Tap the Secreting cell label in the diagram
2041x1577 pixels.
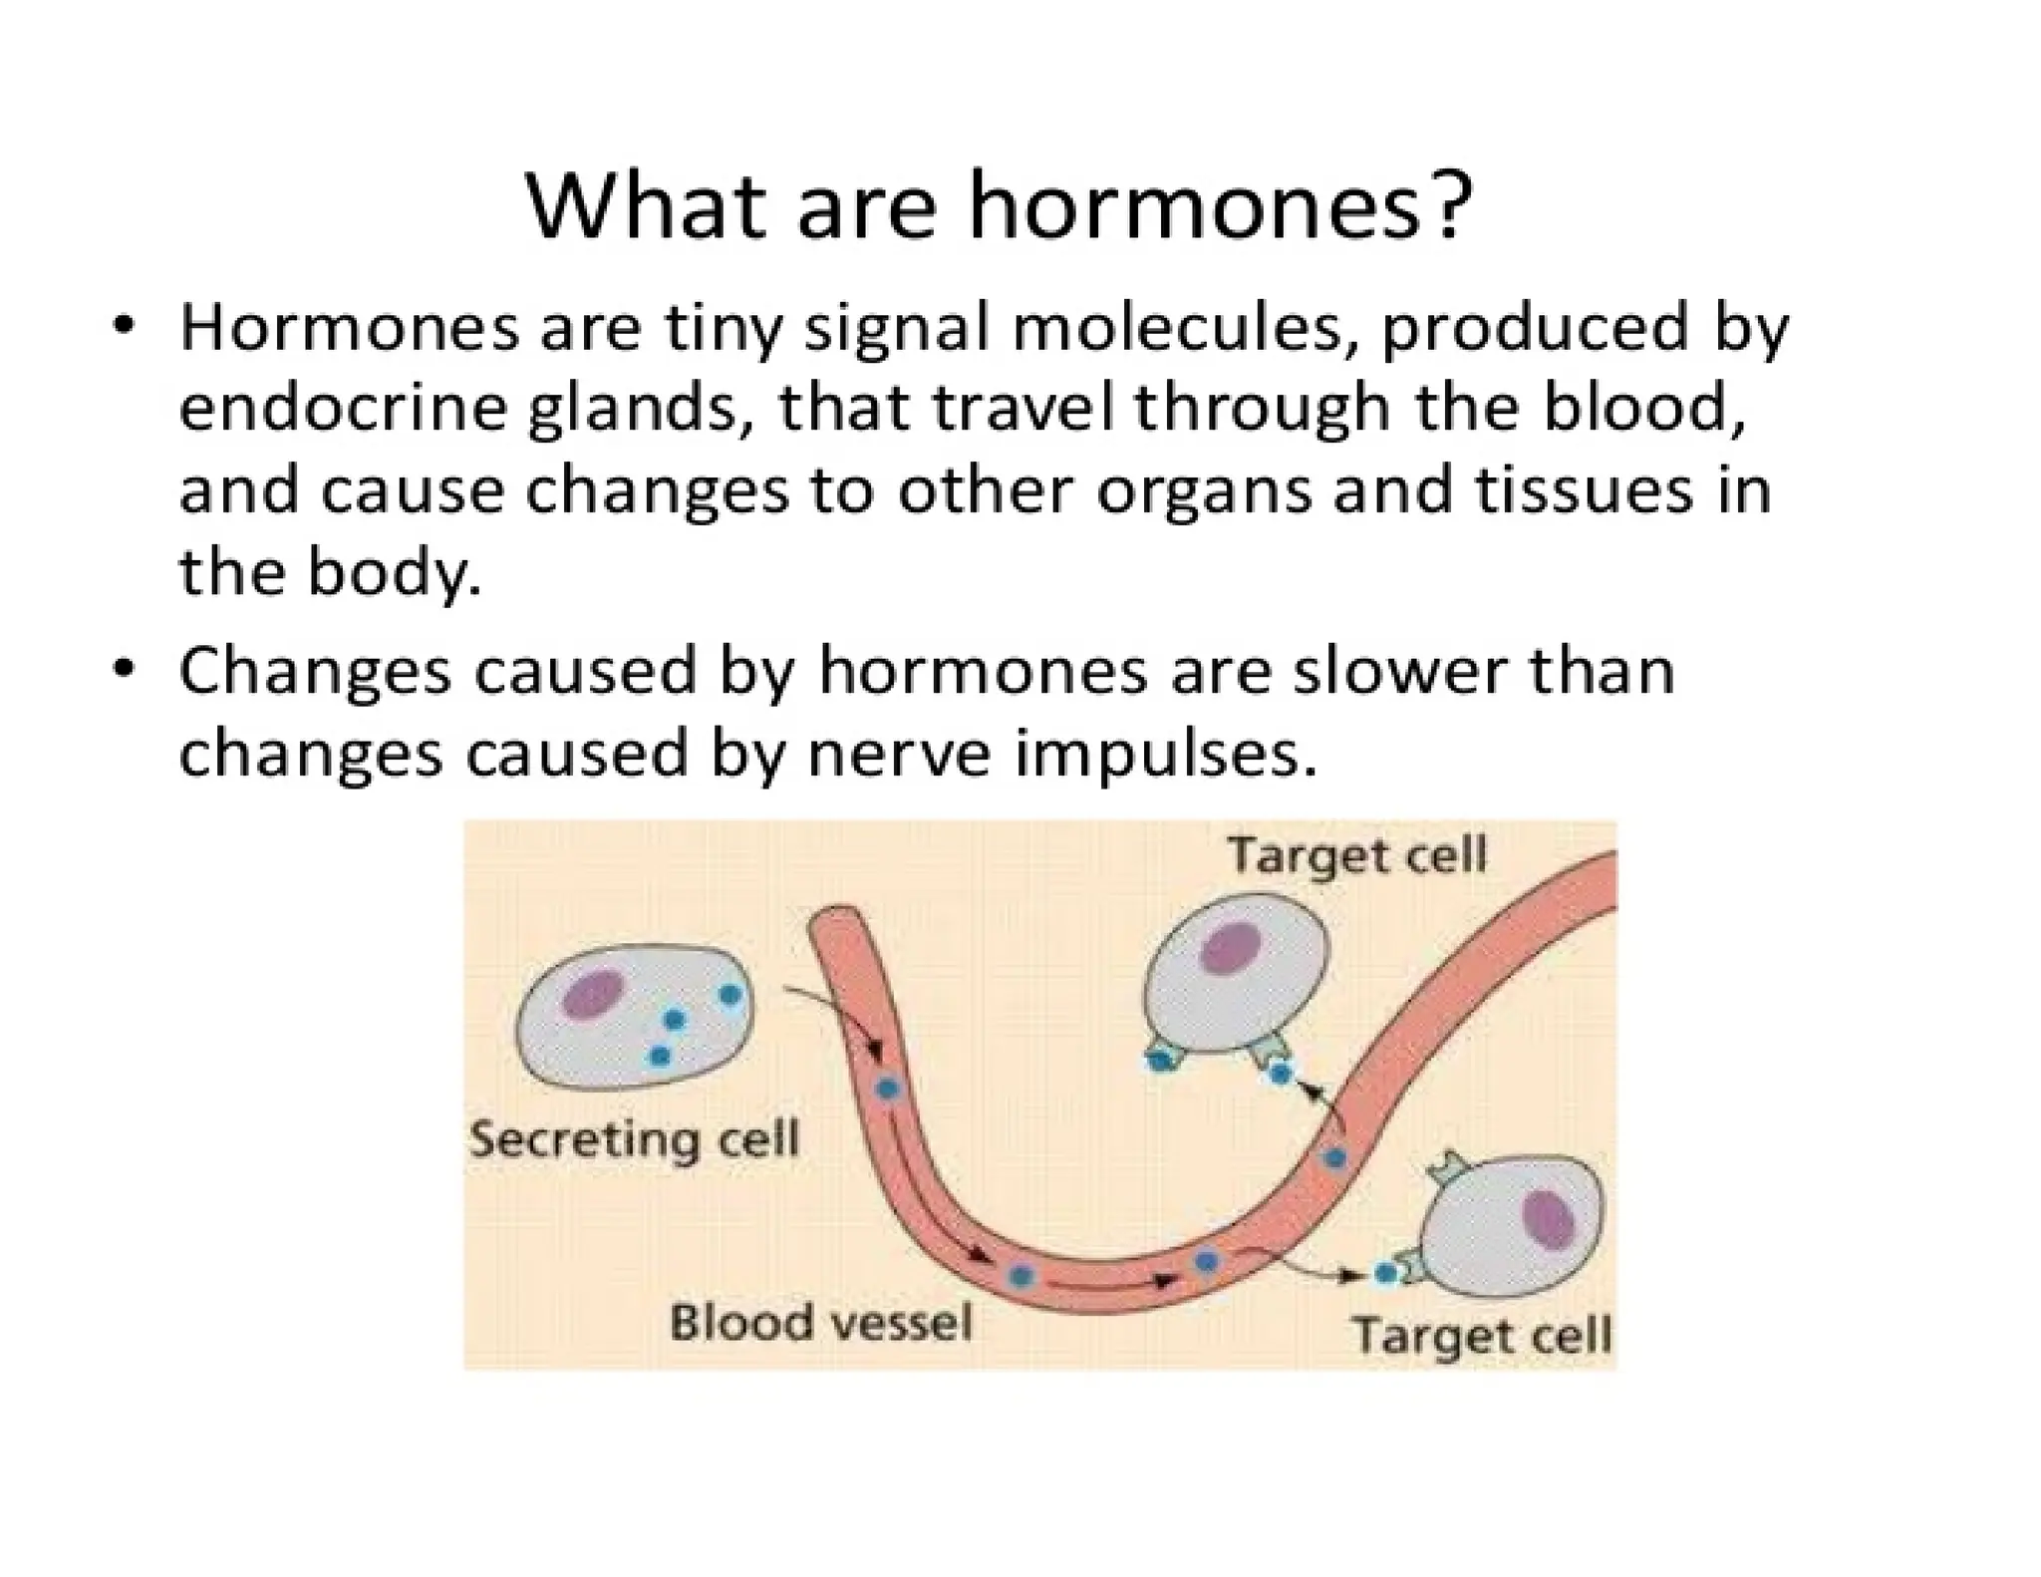click(635, 1138)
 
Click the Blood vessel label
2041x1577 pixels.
click(820, 1322)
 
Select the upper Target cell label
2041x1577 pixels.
click(1357, 855)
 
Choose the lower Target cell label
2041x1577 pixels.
click(1482, 1334)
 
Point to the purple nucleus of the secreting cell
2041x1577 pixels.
click(594, 995)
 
